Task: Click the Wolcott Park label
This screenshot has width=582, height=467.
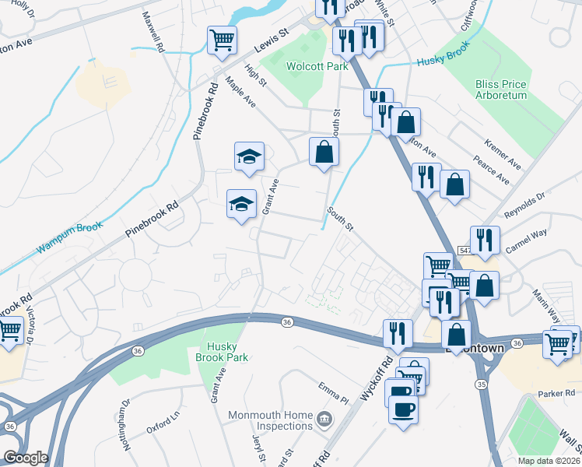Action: click(x=317, y=67)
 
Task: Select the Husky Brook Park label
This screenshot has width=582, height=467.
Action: click(x=226, y=352)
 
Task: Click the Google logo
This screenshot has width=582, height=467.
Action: click(x=26, y=458)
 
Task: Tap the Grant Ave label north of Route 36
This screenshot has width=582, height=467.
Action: click(x=270, y=197)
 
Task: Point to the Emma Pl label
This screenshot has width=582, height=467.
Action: click(x=333, y=388)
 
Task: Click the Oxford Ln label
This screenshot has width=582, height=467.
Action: click(x=163, y=426)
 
